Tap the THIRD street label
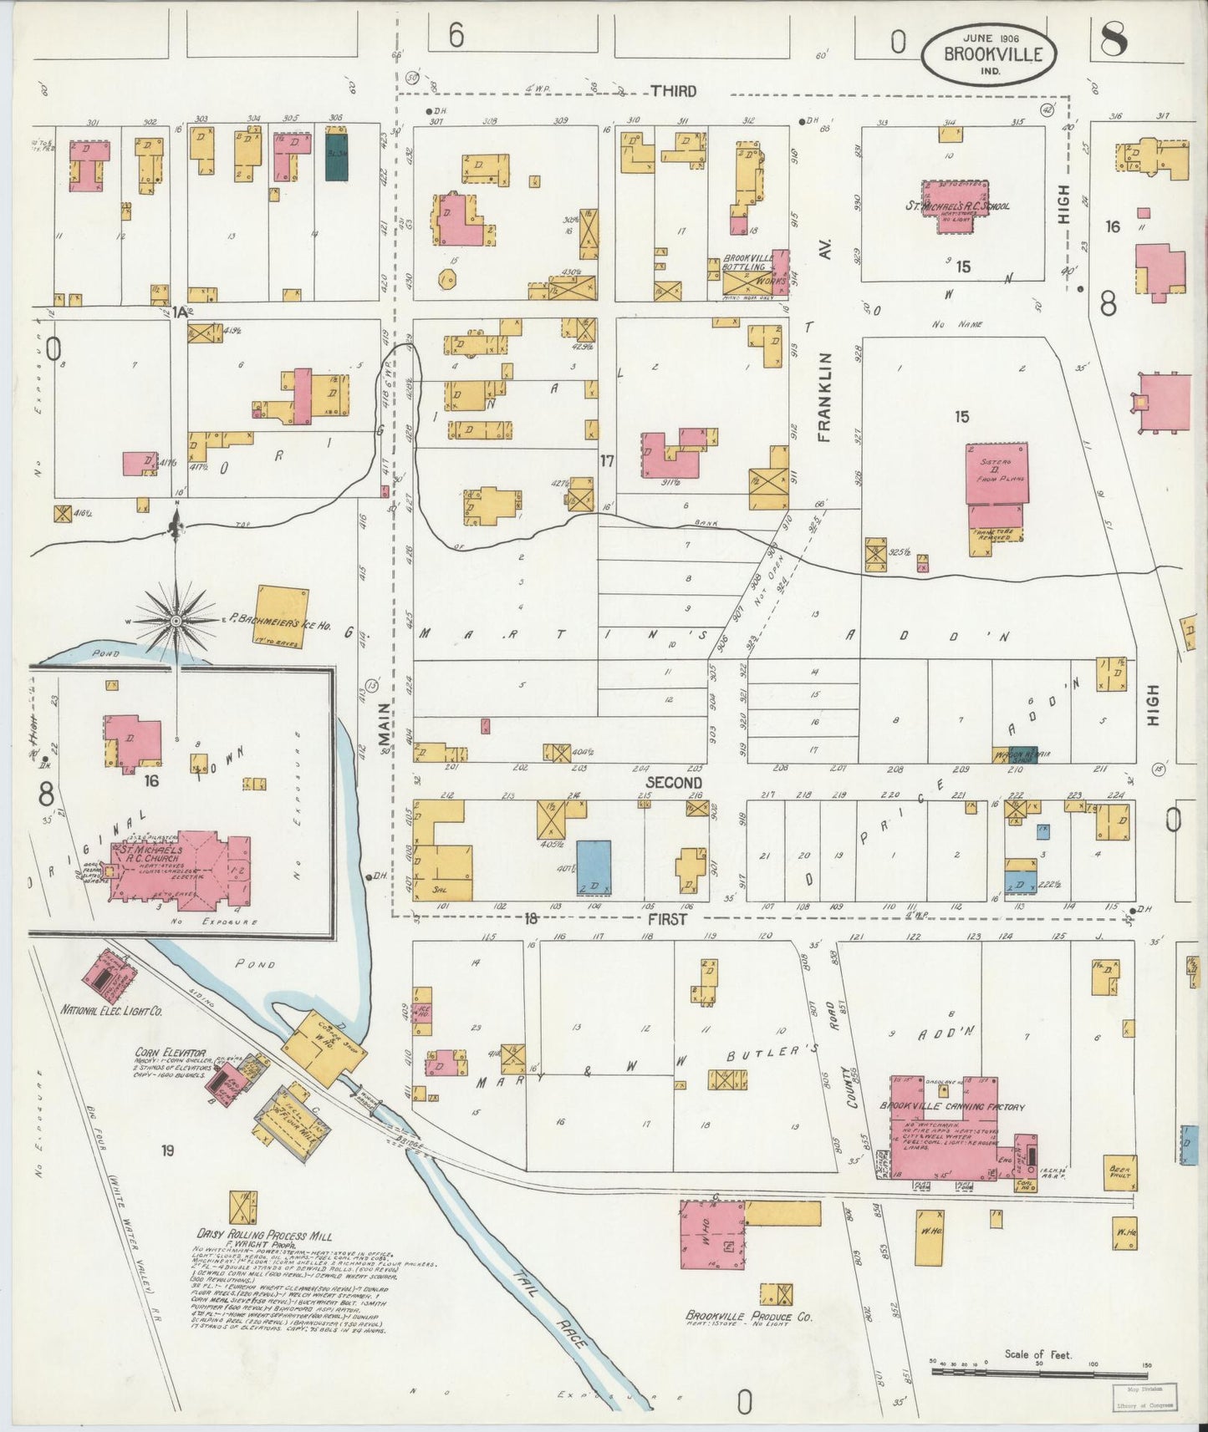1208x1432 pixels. (x=673, y=91)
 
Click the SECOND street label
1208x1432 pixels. (x=674, y=783)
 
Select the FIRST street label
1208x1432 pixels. (x=666, y=919)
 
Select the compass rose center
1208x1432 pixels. (x=176, y=621)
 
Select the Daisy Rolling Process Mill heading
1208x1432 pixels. (x=264, y=1235)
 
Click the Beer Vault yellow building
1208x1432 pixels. (x=1120, y=1170)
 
